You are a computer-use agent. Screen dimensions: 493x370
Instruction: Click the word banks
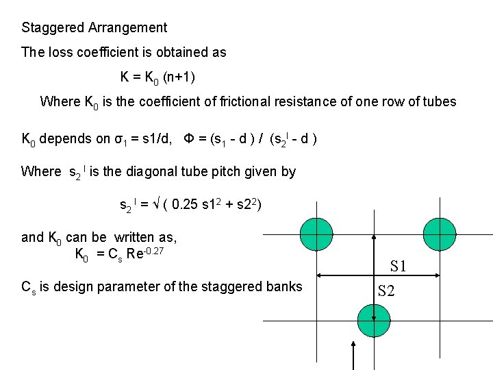click(x=285, y=286)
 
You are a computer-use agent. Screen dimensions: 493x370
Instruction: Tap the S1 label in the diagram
click(x=399, y=266)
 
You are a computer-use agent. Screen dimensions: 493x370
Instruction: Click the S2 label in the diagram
click(x=387, y=291)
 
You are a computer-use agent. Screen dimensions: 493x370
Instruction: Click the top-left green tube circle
click(x=316, y=235)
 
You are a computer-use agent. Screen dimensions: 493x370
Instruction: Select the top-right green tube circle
click(x=440, y=235)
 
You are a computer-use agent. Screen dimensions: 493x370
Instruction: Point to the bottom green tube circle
click(x=373, y=321)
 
